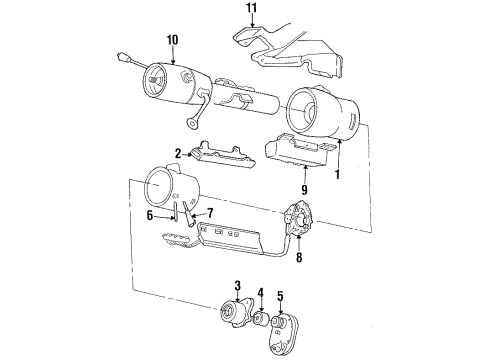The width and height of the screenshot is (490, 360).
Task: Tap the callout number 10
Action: pos(173,41)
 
